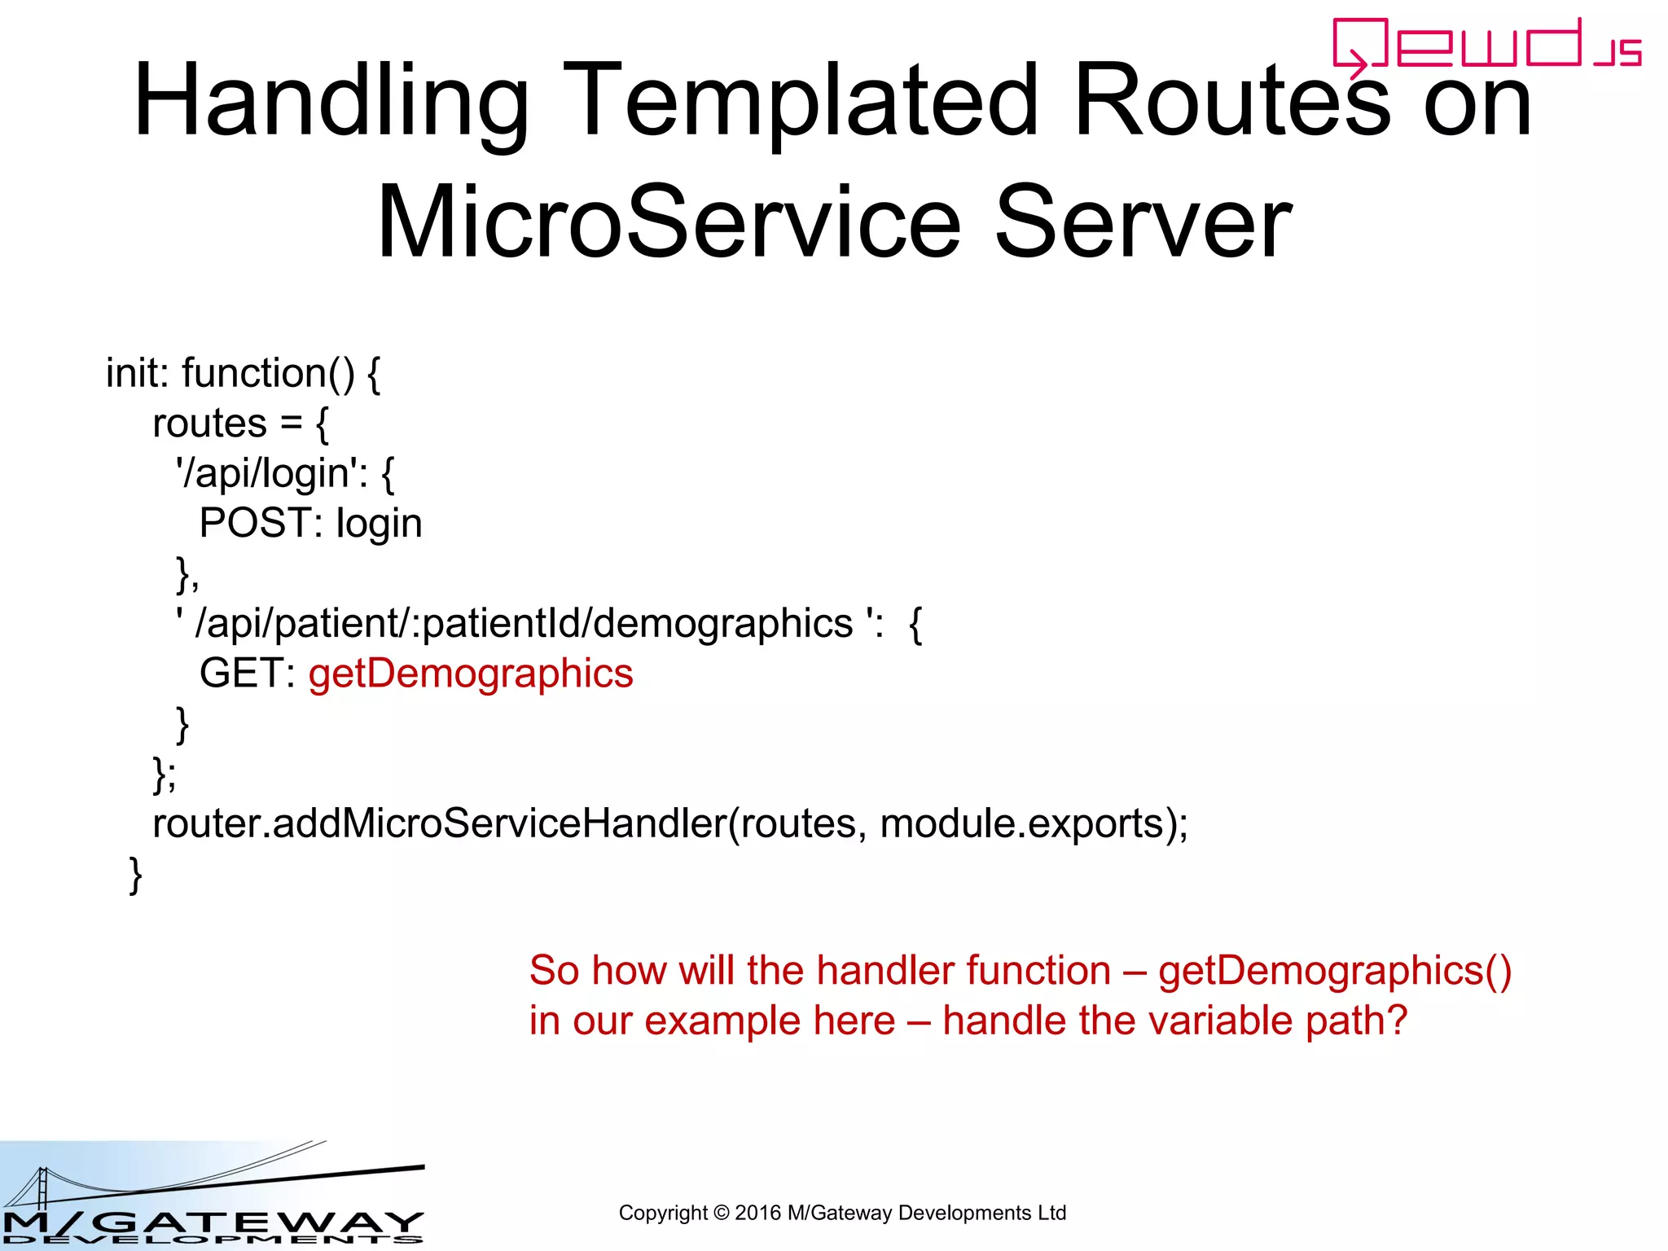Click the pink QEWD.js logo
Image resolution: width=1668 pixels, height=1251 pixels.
tap(1486, 46)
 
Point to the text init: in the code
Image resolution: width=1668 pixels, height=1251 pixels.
tap(137, 373)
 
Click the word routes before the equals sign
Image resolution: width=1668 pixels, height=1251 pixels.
tap(209, 424)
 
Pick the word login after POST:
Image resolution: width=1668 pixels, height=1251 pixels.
tap(379, 524)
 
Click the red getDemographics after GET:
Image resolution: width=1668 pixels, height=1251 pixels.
tap(471, 674)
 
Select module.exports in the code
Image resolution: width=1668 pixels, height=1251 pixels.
tap(1022, 823)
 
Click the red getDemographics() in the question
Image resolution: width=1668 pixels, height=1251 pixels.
tap(1334, 971)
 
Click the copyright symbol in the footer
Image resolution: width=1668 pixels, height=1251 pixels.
tap(721, 1213)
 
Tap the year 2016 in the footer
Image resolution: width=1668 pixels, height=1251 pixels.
tap(757, 1213)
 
